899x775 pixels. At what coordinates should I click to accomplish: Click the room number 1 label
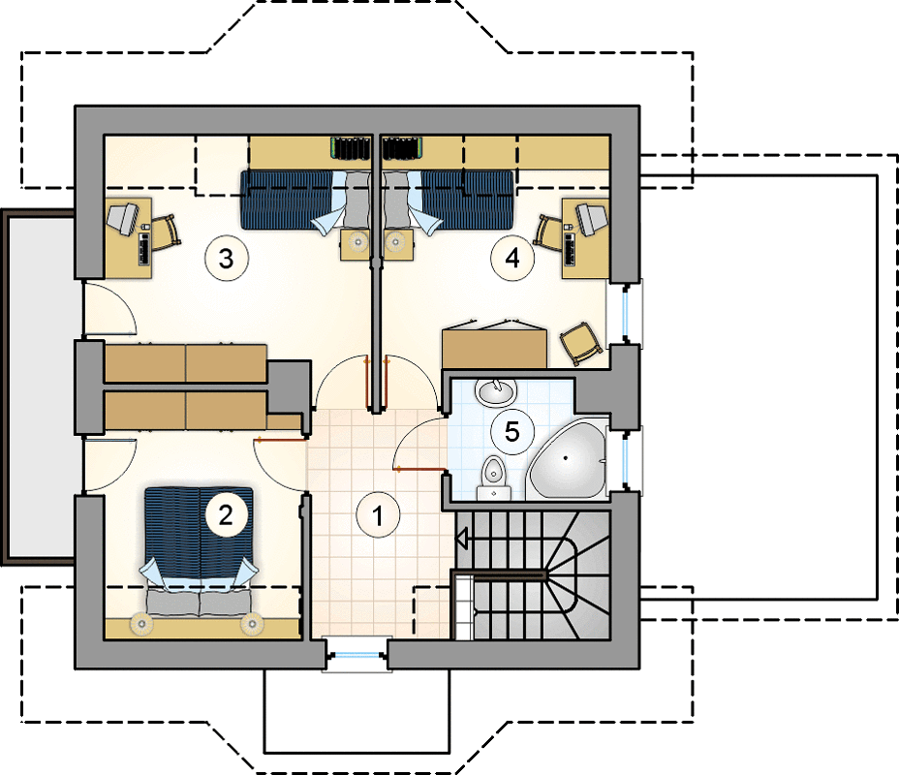click(378, 515)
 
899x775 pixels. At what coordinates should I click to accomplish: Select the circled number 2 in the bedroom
click(226, 514)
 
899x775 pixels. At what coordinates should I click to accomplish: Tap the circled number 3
click(227, 259)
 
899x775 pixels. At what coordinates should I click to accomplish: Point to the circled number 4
click(512, 258)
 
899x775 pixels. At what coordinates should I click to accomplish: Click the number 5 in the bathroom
click(512, 432)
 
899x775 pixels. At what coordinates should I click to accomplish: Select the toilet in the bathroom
click(493, 478)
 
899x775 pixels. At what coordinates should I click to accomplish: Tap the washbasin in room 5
click(496, 392)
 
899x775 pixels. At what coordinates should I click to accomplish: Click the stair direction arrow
click(462, 539)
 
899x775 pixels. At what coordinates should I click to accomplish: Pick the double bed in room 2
click(199, 551)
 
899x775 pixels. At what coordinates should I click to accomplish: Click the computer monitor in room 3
click(123, 218)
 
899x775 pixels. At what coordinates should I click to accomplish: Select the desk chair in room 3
click(165, 231)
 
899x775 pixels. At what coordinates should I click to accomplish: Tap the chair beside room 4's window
click(580, 343)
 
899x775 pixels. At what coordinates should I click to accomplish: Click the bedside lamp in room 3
click(358, 242)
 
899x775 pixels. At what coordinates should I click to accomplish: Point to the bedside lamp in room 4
click(395, 242)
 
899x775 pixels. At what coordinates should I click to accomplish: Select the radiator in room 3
click(351, 148)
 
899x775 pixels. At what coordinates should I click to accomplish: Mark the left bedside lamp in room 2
click(141, 624)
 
